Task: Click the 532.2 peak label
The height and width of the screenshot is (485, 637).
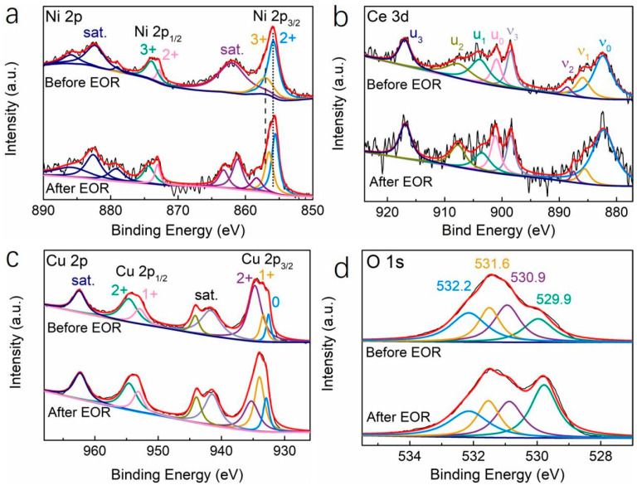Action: (x=455, y=286)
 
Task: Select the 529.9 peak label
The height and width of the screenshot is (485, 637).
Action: (x=554, y=299)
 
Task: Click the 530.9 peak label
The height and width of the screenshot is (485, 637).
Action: (x=528, y=278)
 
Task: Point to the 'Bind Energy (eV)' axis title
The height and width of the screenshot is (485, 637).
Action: (x=498, y=230)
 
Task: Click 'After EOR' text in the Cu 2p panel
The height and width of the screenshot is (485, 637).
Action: (x=80, y=412)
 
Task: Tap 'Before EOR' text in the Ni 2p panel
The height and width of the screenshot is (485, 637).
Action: (x=82, y=83)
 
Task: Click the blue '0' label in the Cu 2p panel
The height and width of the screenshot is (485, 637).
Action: (x=276, y=302)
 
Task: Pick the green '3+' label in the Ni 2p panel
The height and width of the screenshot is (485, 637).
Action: (x=148, y=50)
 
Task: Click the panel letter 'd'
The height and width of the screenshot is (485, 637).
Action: (x=340, y=269)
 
